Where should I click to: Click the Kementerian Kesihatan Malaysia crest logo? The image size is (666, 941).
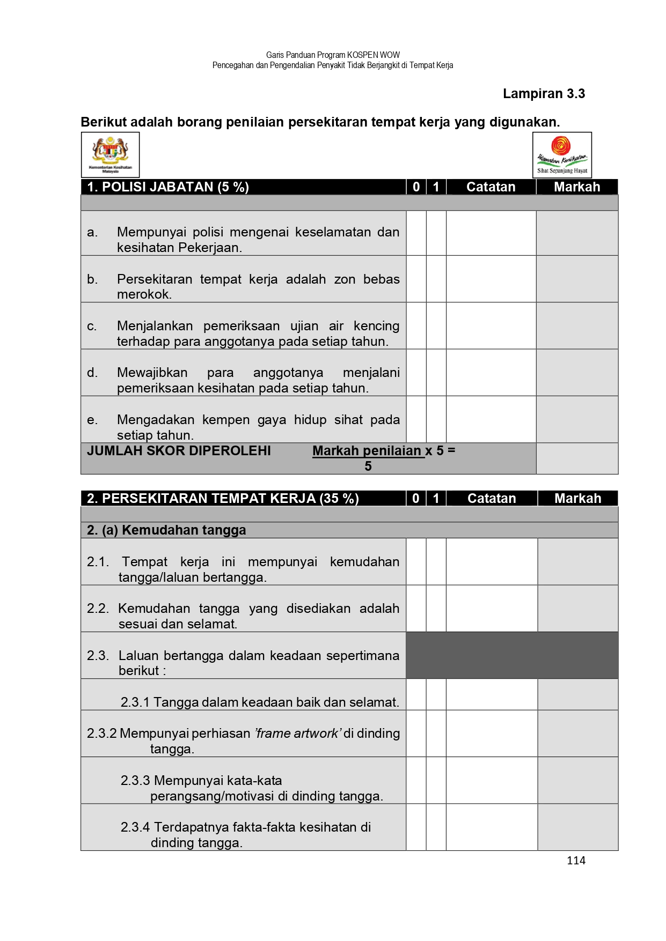(110, 154)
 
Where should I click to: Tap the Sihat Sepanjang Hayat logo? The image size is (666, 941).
(562, 154)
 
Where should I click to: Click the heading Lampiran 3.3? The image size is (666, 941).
(544, 94)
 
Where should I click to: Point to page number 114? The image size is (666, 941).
(576, 861)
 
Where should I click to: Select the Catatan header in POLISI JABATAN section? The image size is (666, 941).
(491, 187)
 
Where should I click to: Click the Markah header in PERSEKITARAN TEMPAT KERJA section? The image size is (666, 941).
(577, 499)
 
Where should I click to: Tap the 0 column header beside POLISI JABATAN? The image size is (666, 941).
(416, 187)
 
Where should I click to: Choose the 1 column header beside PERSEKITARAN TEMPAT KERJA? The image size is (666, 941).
(436, 499)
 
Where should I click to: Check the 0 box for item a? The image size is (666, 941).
(416, 233)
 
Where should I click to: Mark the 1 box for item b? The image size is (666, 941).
(436, 279)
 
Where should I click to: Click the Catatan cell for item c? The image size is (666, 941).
(491, 326)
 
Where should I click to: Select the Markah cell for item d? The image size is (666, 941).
(577, 373)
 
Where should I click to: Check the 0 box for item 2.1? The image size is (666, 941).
(416, 561)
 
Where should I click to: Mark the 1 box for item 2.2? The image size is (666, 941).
(436, 609)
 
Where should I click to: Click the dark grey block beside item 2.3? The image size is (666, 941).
(511, 655)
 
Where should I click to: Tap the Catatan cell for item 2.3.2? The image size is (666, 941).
(492, 733)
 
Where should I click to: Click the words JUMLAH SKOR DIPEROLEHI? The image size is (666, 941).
(179, 451)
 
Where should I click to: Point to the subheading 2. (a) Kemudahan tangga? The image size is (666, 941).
(166, 530)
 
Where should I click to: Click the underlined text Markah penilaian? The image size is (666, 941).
(367, 451)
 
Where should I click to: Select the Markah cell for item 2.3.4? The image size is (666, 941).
(577, 827)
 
